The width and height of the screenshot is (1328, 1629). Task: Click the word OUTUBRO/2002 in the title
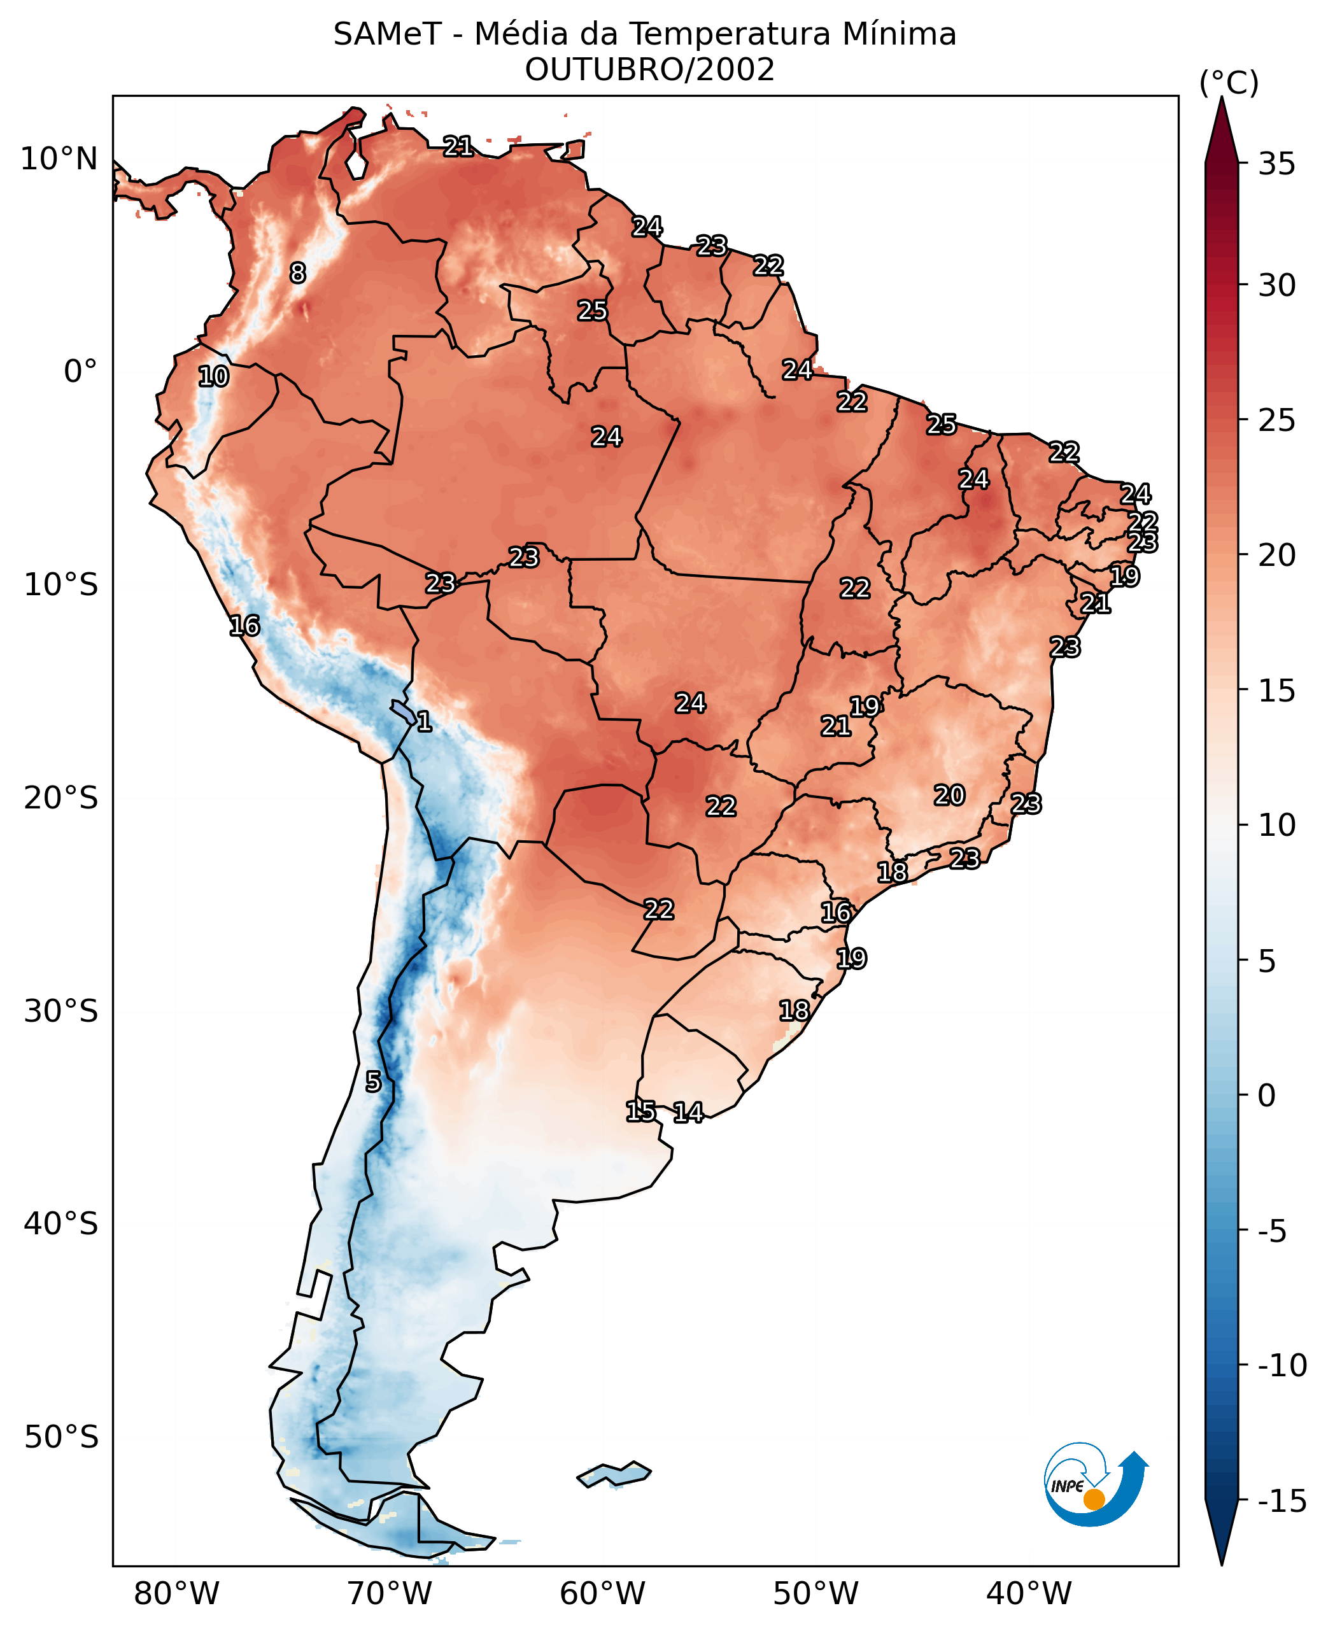[649, 71]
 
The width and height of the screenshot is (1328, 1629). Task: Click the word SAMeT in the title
[387, 35]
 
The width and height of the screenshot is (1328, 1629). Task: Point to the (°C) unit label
[1229, 83]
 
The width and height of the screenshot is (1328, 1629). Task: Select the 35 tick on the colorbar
[1276, 164]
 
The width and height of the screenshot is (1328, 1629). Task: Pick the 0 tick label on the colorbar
[1267, 1096]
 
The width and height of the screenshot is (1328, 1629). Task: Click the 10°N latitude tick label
[59, 159]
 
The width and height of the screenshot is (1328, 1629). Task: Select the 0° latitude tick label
[80, 372]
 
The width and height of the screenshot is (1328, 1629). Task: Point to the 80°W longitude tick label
[177, 1593]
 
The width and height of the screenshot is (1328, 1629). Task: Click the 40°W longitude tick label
[1029, 1593]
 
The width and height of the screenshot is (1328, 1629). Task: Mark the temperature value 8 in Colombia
[297, 273]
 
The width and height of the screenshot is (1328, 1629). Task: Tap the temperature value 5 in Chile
[372, 1082]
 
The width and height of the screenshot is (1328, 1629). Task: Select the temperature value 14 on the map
[688, 1113]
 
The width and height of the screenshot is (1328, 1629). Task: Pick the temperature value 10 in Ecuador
[213, 376]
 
